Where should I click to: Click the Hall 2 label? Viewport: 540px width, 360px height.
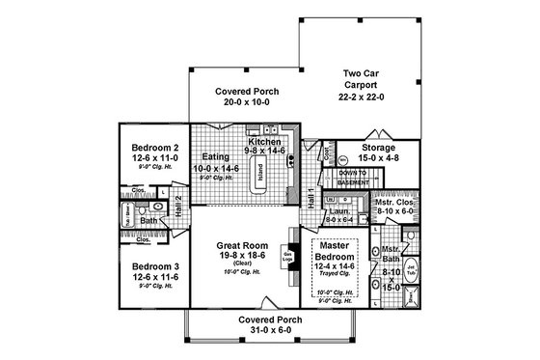pyautogui.click(x=179, y=202)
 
